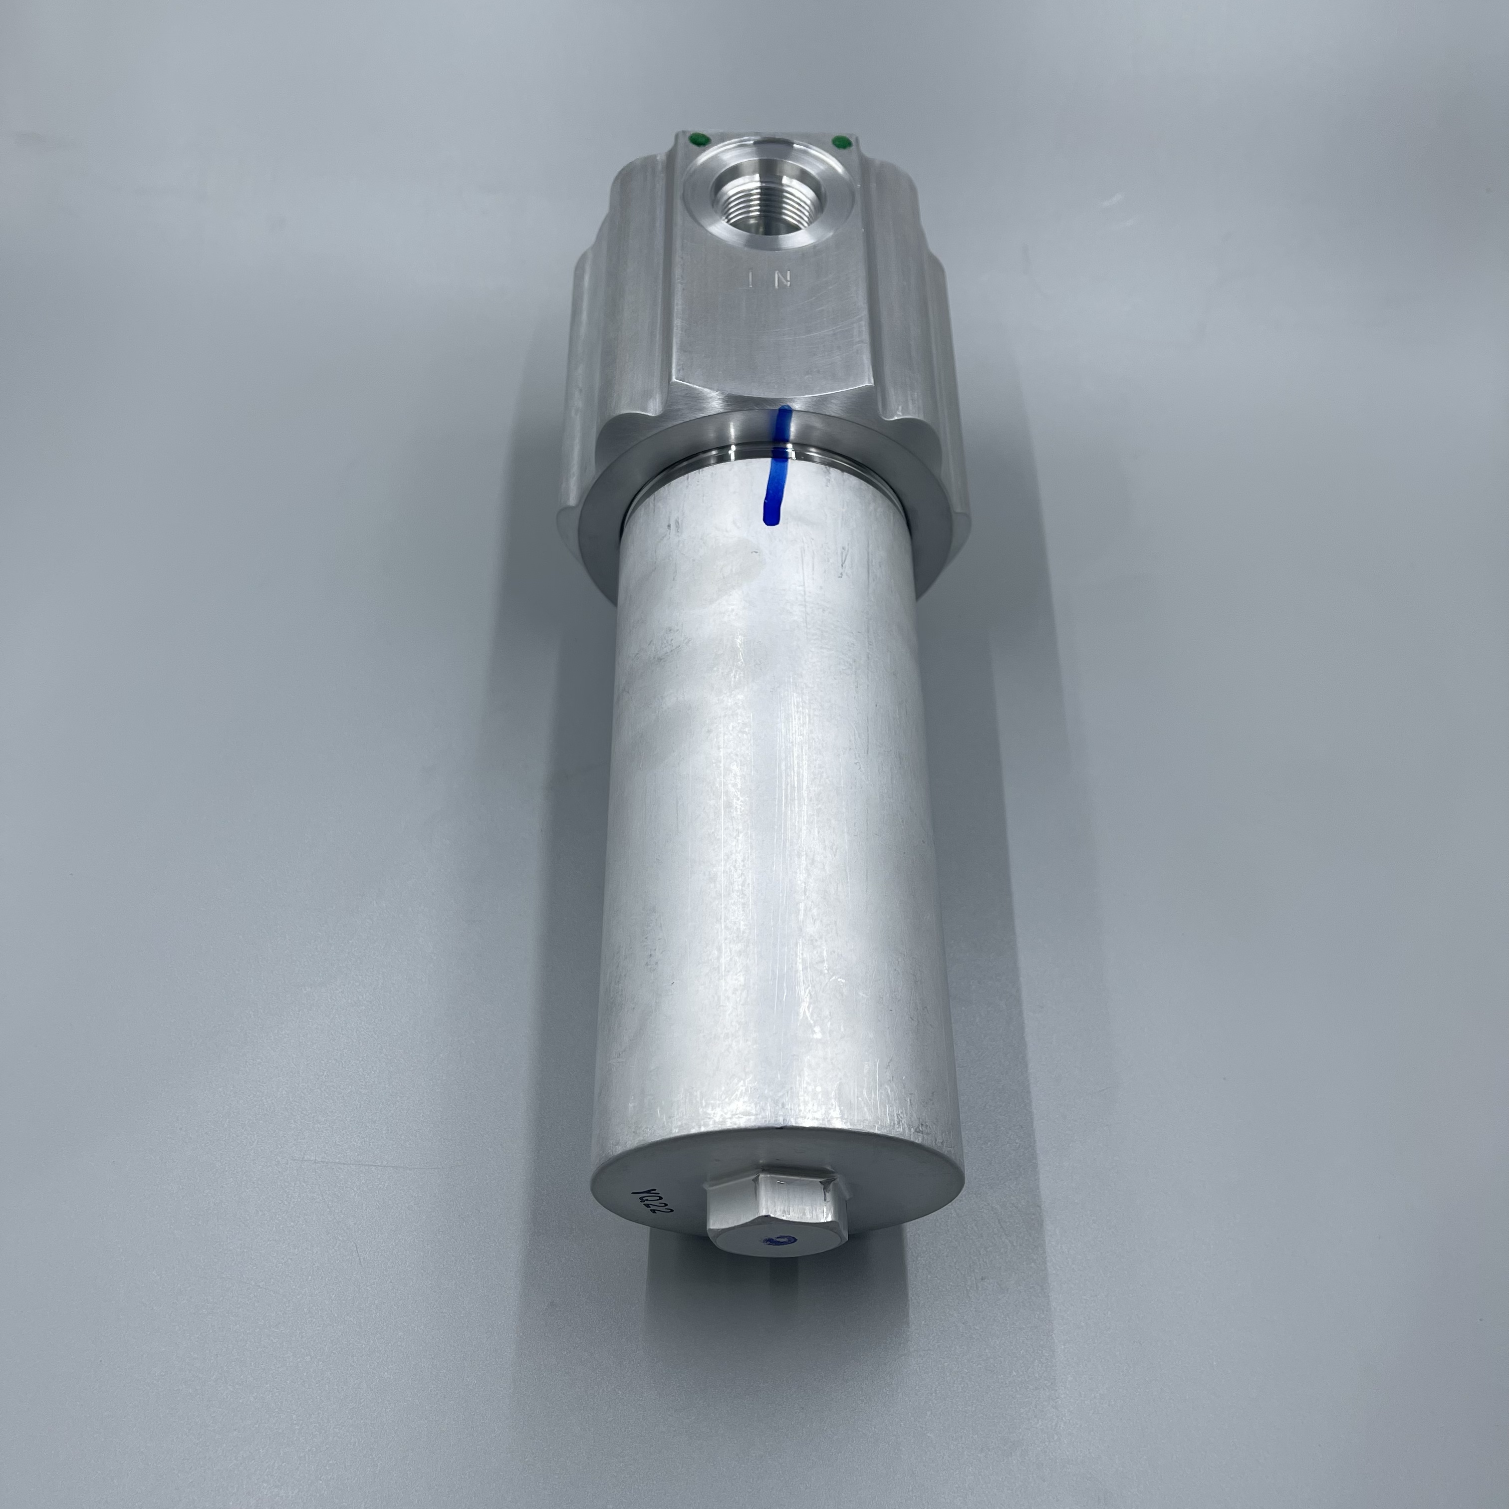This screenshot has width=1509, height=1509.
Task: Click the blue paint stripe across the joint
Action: click(x=775, y=469)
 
